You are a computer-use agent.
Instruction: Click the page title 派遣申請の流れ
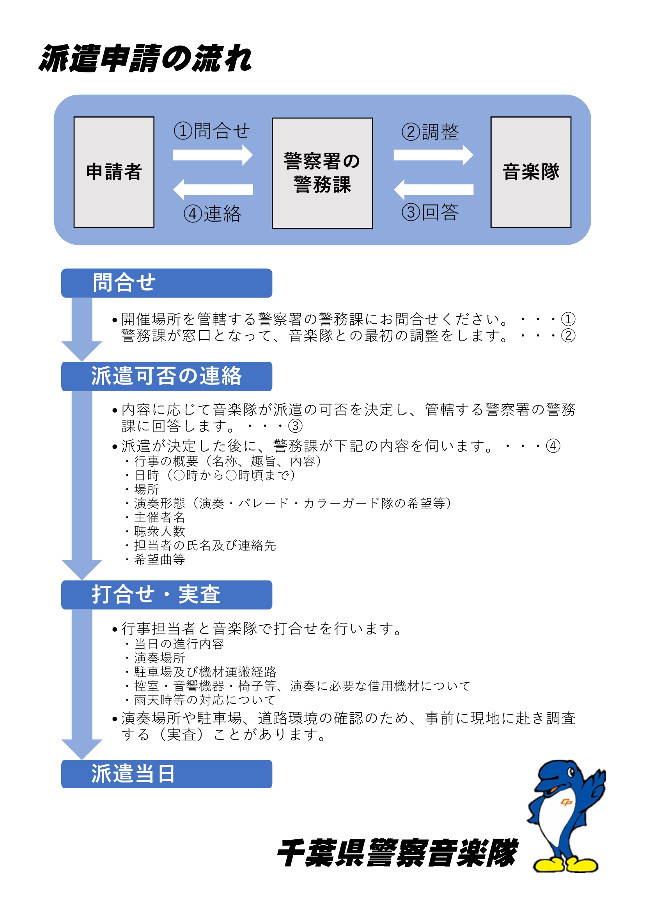(x=145, y=59)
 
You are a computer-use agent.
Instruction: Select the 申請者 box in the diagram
(x=114, y=172)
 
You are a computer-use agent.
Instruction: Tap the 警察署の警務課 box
(x=322, y=173)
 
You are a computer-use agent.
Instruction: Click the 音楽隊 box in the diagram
(x=531, y=172)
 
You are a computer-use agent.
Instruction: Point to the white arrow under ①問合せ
(x=213, y=155)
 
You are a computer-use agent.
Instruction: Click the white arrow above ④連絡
(x=213, y=190)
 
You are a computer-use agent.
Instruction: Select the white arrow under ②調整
(x=433, y=155)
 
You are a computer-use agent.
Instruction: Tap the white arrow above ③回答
(x=433, y=190)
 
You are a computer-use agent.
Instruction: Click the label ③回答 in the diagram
(x=430, y=212)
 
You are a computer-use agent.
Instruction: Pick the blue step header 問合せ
(x=167, y=283)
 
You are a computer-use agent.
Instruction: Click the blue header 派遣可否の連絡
(x=167, y=376)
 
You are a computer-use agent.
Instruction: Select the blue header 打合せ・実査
(x=167, y=595)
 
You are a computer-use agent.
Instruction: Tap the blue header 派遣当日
(x=167, y=774)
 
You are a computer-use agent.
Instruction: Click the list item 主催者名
(x=159, y=517)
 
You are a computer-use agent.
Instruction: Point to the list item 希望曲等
(x=159, y=559)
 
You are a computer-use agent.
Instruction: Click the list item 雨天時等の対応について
(x=205, y=700)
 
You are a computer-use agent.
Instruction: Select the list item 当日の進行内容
(x=179, y=644)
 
